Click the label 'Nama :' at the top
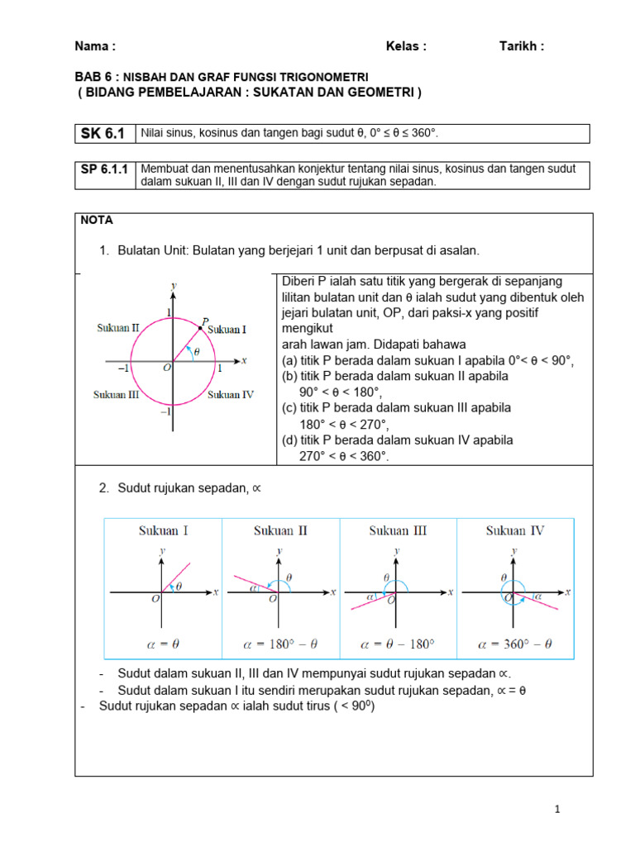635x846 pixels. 95,46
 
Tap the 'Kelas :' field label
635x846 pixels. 406,46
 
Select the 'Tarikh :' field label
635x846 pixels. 522,46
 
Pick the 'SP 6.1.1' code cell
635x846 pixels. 105,169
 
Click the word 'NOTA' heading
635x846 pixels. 97,221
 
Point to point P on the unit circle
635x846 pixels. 200,328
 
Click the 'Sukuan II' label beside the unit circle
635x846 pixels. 117,327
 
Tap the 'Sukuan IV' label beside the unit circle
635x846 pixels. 230,394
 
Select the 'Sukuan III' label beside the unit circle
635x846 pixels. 116,394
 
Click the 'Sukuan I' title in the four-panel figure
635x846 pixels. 163,530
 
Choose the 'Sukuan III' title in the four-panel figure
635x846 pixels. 398,530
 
